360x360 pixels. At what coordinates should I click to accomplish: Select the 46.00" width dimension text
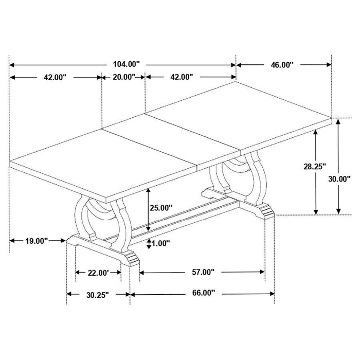pos(282,65)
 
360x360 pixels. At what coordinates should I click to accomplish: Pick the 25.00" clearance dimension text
pos(160,208)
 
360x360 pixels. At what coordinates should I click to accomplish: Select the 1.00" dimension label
pos(160,243)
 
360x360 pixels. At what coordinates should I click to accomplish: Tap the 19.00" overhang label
pos(35,240)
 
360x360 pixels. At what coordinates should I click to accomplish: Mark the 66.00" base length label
pos(202,294)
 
